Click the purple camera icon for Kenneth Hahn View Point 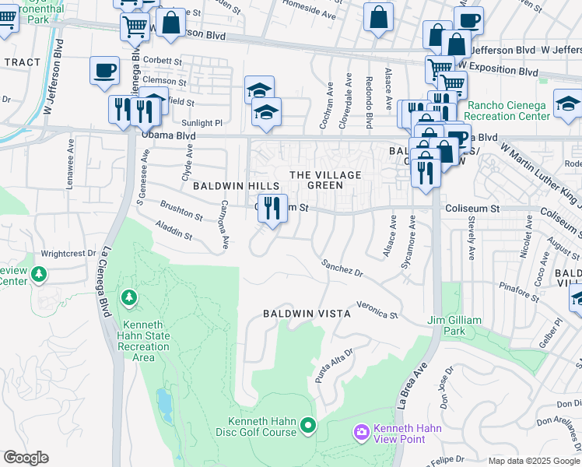tap(361, 431)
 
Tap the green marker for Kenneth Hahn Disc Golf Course tap(309, 425)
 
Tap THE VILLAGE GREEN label tap(326, 180)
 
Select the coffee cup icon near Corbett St tap(104, 71)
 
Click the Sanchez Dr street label tap(342, 269)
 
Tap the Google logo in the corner tap(26, 458)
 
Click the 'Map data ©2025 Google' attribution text tap(534, 461)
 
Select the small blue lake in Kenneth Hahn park tap(164, 404)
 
